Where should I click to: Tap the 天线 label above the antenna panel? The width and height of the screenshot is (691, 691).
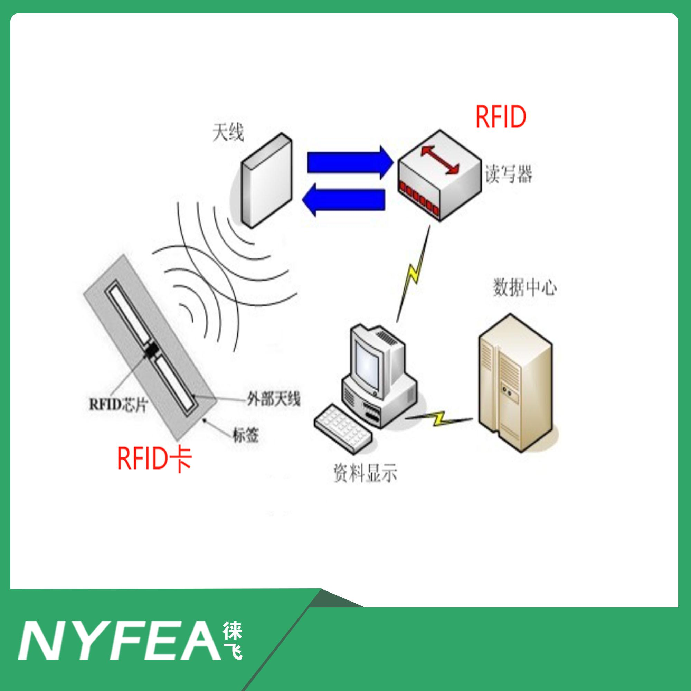[x=228, y=133]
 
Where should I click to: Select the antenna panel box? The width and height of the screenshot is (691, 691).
[x=266, y=181]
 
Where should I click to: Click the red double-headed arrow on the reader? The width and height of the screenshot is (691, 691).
[x=439, y=161]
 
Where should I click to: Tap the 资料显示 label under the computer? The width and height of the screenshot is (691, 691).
[x=365, y=474]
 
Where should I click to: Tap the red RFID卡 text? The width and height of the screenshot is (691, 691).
[x=154, y=459]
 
